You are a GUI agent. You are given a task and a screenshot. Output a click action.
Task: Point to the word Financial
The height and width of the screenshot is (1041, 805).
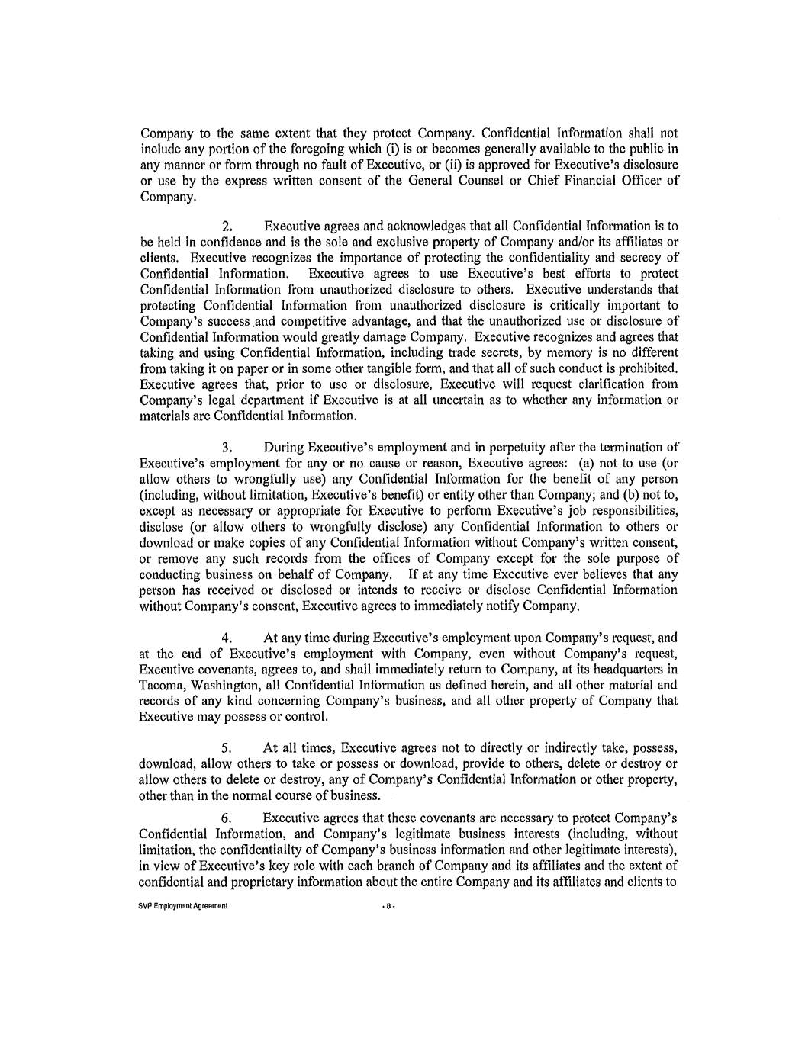tap(598, 180)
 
